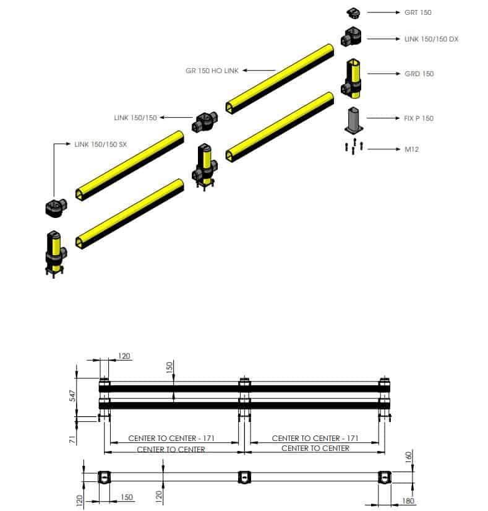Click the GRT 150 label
[418, 12]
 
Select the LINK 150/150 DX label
[431, 39]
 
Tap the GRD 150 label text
[419, 74]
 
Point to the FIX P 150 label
[419, 118]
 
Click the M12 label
[412, 149]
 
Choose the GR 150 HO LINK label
[212, 71]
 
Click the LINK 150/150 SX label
[100, 144]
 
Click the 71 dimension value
[72, 440]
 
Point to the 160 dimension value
[408, 456]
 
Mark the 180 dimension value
[408, 500]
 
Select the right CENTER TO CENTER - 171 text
[315, 438]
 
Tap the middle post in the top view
[245, 477]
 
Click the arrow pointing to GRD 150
[383, 74]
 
